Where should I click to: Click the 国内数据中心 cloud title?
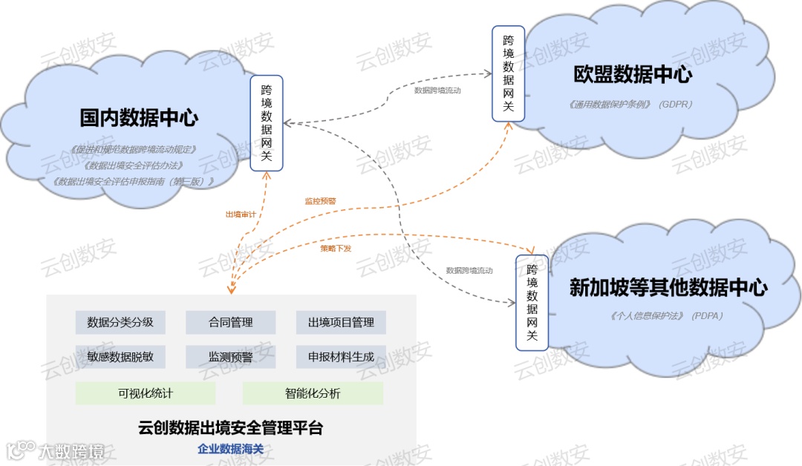click(x=139, y=117)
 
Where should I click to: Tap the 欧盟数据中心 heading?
click(x=633, y=74)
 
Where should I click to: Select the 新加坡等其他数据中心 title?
click(x=668, y=288)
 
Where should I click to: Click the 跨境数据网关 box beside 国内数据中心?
click(x=267, y=123)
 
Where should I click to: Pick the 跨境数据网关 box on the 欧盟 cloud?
click(x=509, y=73)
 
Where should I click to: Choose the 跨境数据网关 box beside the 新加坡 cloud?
click(x=532, y=302)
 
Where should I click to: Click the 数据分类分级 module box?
click(x=120, y=323)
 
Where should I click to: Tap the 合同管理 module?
click(x=230, y=323)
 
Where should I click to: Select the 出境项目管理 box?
click(x=341, y=323)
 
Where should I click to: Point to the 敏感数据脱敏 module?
click(x=120, y=357)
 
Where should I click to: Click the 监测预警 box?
click(x=230, y=357)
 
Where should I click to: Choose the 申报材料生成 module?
click(x=341, y=357)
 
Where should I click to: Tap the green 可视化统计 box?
click(x=146, y=393)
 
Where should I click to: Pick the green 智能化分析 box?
click(x=313, y=393)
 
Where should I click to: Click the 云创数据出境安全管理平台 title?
click(x=231, y=427)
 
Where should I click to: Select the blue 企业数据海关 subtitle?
click(x=231, y=449)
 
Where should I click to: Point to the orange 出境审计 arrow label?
click(x=241, y=214)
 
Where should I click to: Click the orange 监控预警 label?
click(x=320, y=201)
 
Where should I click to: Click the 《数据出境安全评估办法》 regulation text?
click(x=134, y=165)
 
